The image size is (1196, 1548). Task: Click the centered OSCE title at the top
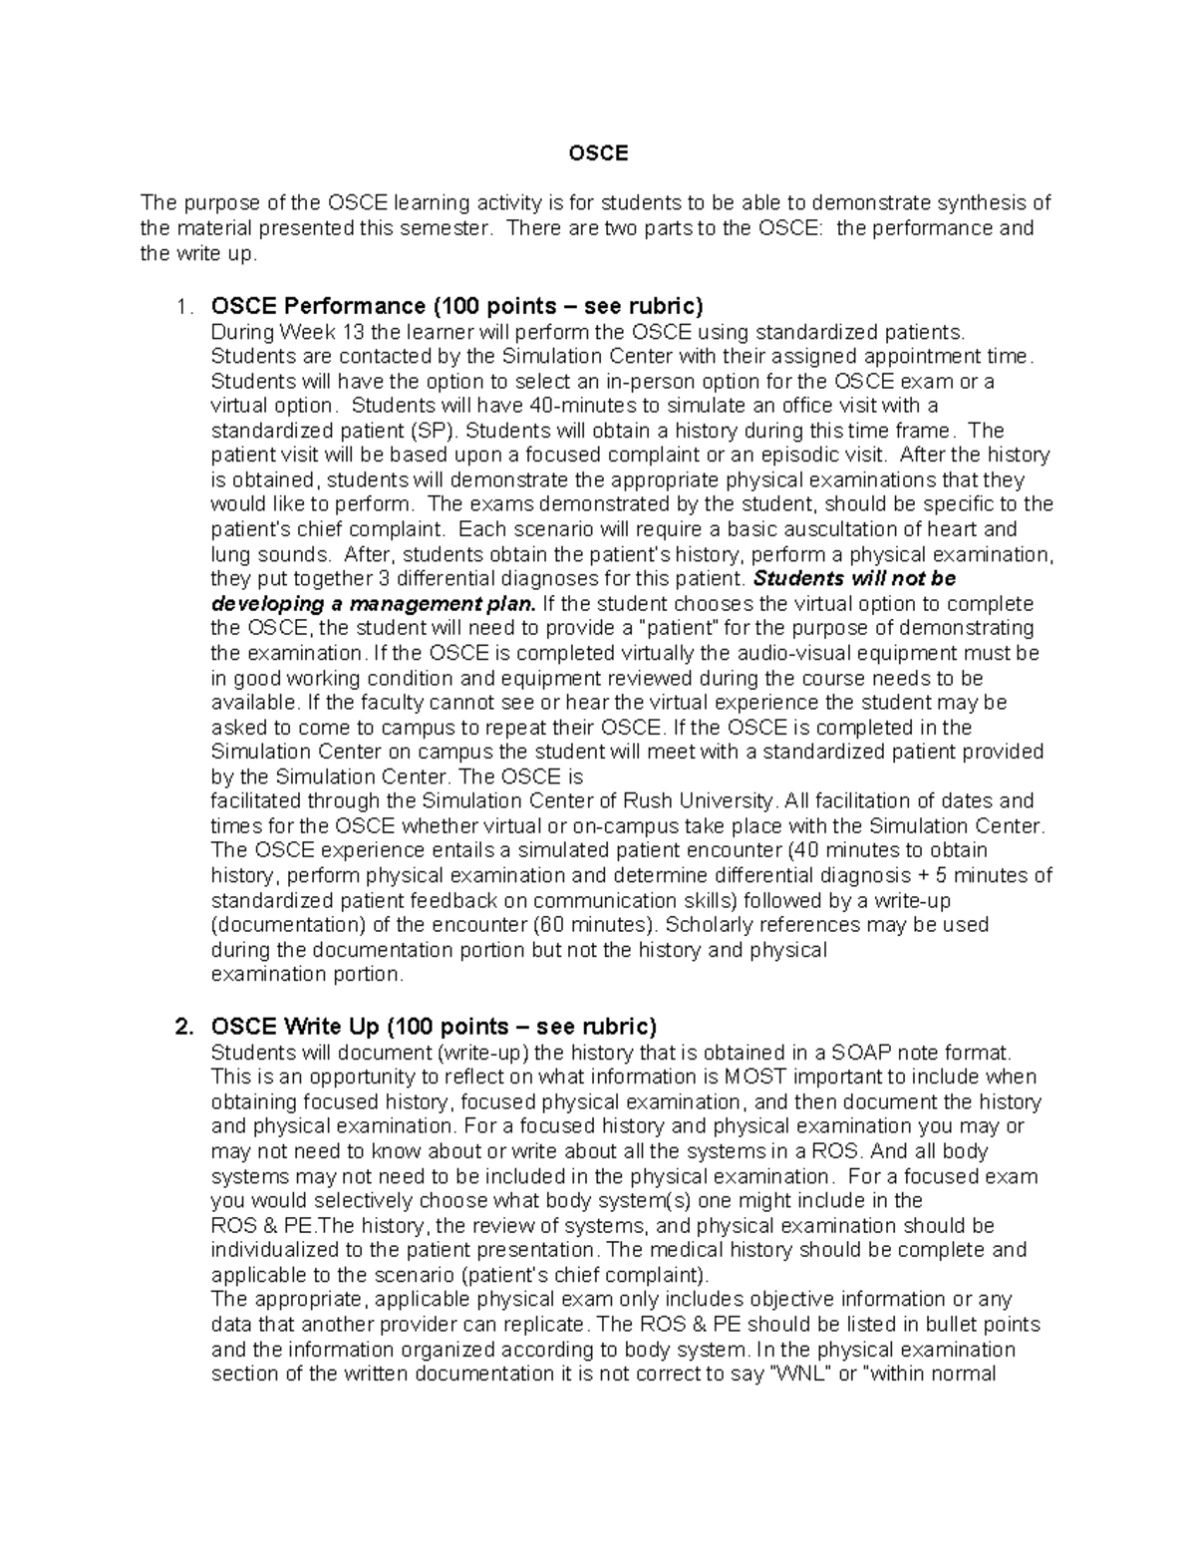[598, 154]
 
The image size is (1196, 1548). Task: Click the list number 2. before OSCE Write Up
[182, 1028]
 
